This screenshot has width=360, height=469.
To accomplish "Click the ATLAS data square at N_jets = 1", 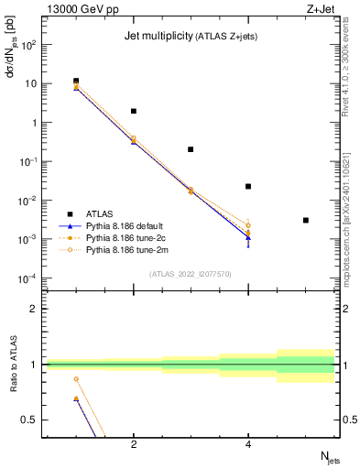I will click(x=76, y=81).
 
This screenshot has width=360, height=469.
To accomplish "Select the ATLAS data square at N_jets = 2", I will click(x=134, y=111).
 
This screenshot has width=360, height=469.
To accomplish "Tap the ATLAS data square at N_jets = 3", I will click(x=191, y=149).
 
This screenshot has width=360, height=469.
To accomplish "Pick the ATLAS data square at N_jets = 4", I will click(x=248, y=186).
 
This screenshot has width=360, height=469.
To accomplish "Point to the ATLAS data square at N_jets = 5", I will click(x=306, y=220).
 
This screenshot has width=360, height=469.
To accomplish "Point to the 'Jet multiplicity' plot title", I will click(x=156, y=37).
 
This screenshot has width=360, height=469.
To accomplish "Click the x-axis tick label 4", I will click(x=248, y=444).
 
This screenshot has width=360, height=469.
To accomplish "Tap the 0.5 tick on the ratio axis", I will click(x=32, y=420).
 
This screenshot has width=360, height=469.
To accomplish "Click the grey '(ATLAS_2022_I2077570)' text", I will click(x=191, y=274).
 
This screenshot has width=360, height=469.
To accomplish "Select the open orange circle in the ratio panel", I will click(x=76, y=378).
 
